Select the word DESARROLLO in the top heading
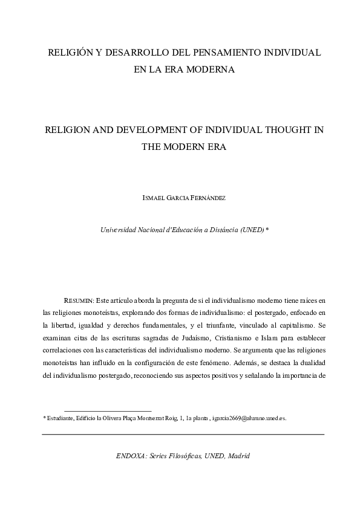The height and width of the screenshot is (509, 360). coord(131,53)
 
